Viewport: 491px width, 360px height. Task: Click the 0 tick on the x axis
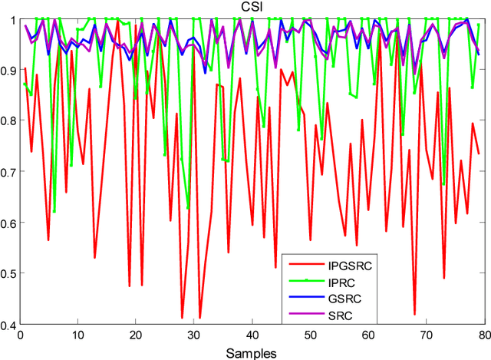point(19,335)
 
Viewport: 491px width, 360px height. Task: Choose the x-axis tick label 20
point(136,335)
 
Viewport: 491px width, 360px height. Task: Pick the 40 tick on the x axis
point(252,335)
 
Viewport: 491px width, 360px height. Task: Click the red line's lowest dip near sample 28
point(182,317)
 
